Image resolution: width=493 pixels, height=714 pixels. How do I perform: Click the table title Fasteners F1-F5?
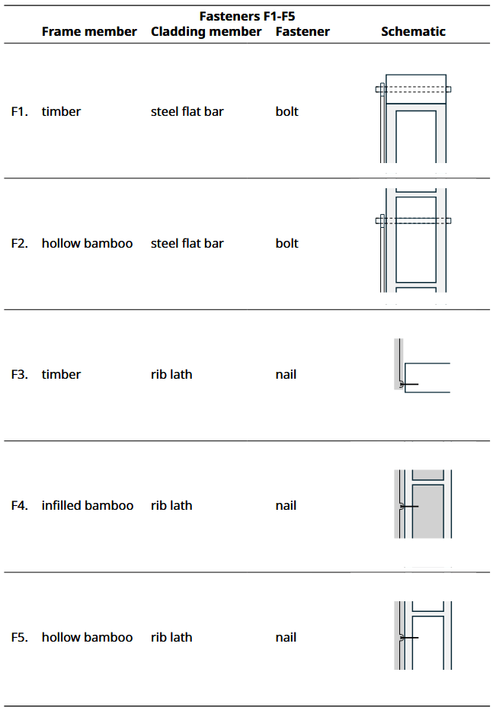(247, 17)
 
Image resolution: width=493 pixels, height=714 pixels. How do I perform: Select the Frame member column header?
(89, 31)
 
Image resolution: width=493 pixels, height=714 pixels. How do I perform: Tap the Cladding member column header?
(206, 32)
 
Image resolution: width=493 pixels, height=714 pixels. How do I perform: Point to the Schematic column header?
(413, 31)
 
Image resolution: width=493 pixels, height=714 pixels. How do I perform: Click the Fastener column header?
(303, 31)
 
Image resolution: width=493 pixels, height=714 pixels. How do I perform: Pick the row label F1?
(20, 111)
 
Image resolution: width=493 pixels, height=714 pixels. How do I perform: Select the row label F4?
(20, 505)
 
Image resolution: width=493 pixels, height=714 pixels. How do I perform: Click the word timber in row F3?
(61, 374)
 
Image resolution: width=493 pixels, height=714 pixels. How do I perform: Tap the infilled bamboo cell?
(88, 505)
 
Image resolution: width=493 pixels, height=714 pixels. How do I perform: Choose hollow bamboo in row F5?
(88, 637)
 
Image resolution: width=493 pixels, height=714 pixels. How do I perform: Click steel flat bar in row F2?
(187, 243)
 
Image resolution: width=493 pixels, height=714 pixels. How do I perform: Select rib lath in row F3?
(171, 374)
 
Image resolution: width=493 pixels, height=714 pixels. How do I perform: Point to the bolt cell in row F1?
(287, 111)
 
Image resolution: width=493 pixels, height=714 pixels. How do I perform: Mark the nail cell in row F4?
(286, 505)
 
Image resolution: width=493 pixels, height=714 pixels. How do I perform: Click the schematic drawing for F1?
(413, 118)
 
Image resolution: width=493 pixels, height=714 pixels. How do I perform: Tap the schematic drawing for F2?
(413, 241)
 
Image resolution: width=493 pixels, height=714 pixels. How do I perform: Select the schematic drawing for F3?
(422, 364)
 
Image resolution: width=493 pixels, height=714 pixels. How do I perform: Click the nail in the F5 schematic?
(408, 638)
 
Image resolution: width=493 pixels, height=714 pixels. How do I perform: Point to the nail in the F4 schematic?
(408, 507)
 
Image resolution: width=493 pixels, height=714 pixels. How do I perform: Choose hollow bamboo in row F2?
(88, 243)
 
